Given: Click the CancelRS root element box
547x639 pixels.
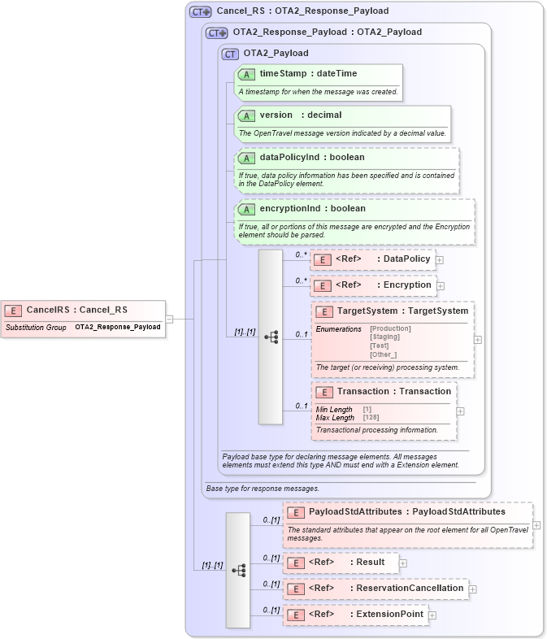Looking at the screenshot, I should click(76, 310).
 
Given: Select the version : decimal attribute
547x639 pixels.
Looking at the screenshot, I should click(300, 115).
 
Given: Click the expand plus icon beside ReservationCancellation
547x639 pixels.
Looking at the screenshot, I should click(473, 589).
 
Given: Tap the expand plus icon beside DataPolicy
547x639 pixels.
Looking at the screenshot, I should click(440, 260).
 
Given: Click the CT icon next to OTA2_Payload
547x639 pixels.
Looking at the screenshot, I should click(230, 54).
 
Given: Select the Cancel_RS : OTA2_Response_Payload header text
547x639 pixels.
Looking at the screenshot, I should click(302, 11).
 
